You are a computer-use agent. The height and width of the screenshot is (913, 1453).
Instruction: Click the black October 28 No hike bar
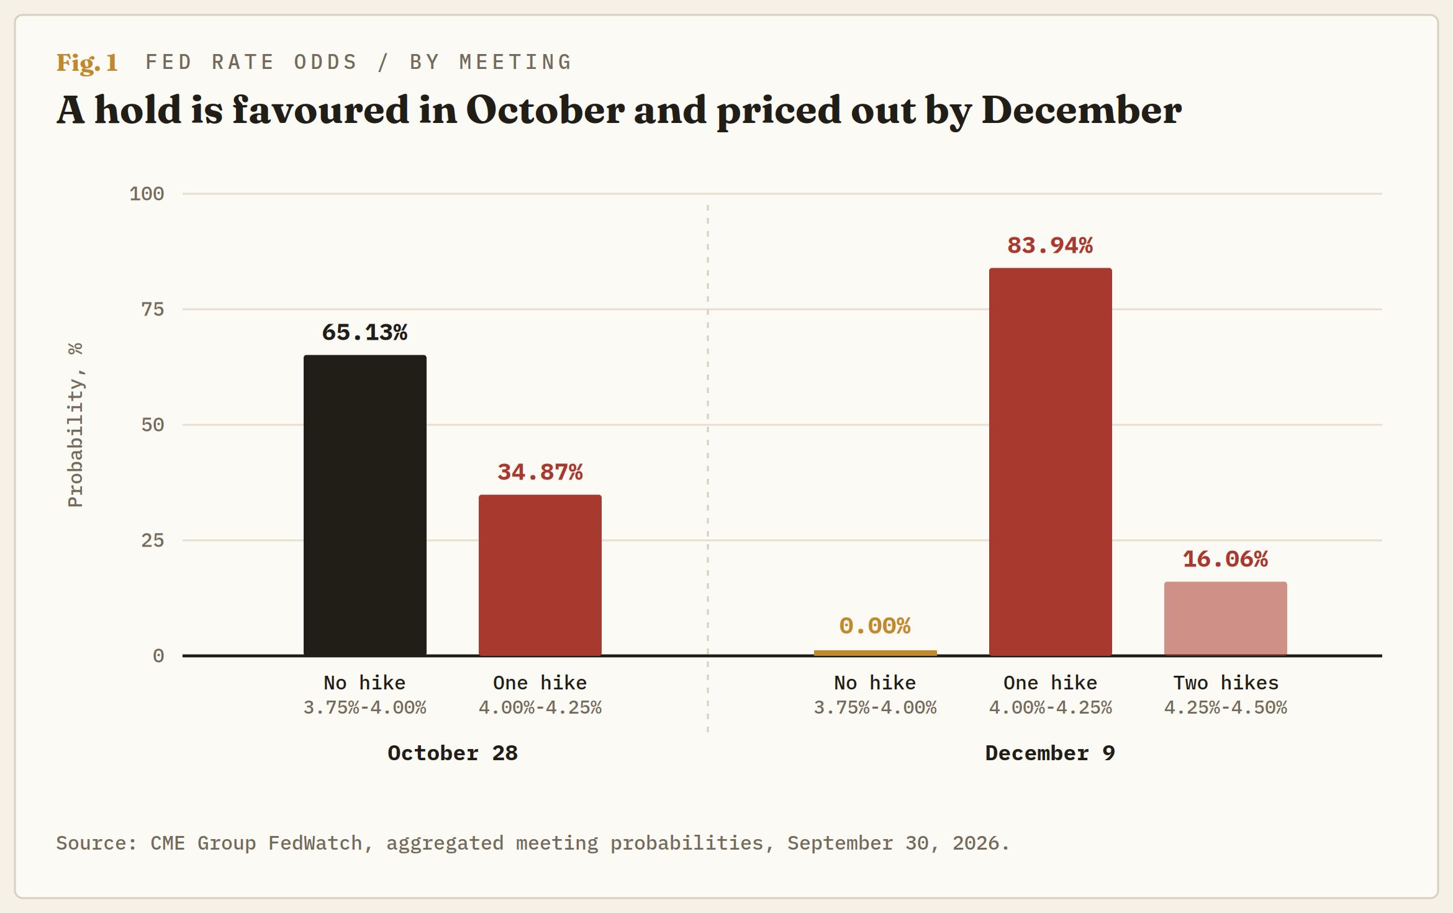[x=365, y=505]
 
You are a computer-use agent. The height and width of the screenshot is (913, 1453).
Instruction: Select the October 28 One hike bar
[x=540, y=575]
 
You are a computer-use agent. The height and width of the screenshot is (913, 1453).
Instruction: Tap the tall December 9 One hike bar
[x=1051, y=461]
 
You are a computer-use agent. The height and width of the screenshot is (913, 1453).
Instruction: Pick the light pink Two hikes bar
[x=1226, y=619]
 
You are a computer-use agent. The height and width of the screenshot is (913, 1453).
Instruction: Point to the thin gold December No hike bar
[x=876, y=653]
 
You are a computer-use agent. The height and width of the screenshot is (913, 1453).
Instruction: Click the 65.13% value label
[x=365, y=332]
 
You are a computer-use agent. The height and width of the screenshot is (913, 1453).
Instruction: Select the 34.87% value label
[x=540, y=472]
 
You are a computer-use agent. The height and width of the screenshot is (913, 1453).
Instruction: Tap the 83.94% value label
[x=1051, y=245]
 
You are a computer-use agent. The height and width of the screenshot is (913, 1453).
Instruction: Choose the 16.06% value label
[x=1226, y=559]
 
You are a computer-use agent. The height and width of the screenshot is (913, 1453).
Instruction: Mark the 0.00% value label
[x=876, y=626]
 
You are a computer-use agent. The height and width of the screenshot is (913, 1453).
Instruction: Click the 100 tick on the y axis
[x=147, y=194]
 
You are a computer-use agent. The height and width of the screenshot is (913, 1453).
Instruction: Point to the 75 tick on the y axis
[x=153, y=309]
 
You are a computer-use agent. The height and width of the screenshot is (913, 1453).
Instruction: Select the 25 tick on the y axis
[x=153, y=540]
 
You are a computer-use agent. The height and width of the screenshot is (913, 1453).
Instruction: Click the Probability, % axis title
[x=75, y=425]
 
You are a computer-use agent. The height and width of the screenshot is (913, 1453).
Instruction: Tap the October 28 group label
[x=453, y=753]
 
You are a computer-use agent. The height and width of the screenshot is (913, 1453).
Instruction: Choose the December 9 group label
[x=1051, y=753]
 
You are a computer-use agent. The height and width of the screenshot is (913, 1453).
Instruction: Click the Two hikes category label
[x=1226, y=683]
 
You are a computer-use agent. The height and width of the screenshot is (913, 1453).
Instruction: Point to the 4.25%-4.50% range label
[x=1226, y=707]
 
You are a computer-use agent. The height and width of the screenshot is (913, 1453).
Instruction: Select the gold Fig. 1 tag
[x=88, y=63]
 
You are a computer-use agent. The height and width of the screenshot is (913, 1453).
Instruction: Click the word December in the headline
[x=1082, y=110]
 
